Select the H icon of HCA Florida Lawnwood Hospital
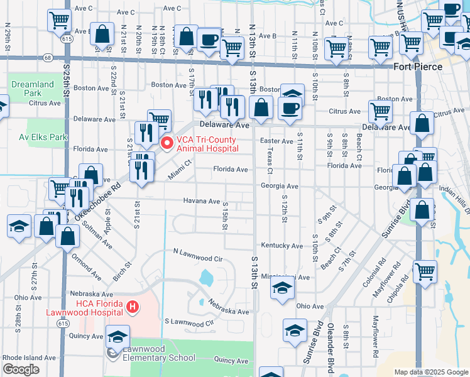(133, 307)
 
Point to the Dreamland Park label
(32, 89)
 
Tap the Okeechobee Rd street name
(97, 202)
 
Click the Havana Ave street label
(201, 202)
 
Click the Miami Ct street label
(179, 169)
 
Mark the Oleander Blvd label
(331, 356)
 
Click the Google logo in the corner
(21, 369)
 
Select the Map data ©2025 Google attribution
(431, 372)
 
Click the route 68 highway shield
(48, 57)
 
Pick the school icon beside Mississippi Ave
(283, 288)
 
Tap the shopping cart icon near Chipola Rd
(425, 271)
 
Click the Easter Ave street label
(278, 141)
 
